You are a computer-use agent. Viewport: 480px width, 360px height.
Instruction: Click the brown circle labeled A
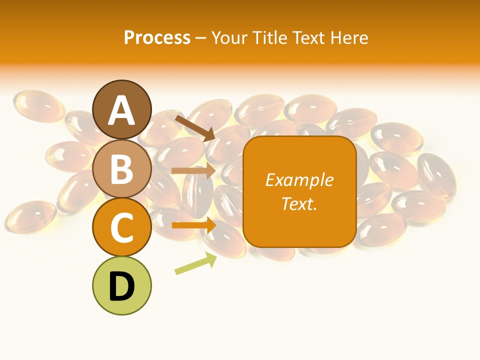pos(122,109)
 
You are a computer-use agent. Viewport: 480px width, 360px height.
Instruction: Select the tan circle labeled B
pos(122,168)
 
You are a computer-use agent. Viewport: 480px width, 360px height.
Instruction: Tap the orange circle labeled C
pos(122,227)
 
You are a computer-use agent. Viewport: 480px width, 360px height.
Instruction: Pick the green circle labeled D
pos(122,285)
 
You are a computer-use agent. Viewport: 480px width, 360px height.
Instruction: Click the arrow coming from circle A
pos(195,127)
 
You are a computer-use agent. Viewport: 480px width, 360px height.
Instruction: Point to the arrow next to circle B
pos(193,171)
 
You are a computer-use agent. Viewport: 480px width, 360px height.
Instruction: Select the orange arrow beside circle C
pos(193,225)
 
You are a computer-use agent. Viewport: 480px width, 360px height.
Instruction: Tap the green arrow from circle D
pos(195,264)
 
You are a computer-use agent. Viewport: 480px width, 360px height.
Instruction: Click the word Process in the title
pos(157,37)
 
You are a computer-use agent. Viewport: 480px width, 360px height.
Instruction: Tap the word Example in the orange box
pos(299,180)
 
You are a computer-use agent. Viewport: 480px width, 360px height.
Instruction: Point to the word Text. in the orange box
pos(299,203)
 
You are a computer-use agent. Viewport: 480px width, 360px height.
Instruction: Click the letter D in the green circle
pos(122,286)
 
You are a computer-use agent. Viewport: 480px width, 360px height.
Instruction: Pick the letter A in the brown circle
pos(122,110)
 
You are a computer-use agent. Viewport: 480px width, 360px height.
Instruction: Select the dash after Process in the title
pos(201,38)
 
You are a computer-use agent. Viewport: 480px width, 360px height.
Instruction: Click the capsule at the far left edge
pos(27,216)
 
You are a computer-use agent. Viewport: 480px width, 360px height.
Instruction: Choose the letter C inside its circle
pos(122,227)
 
